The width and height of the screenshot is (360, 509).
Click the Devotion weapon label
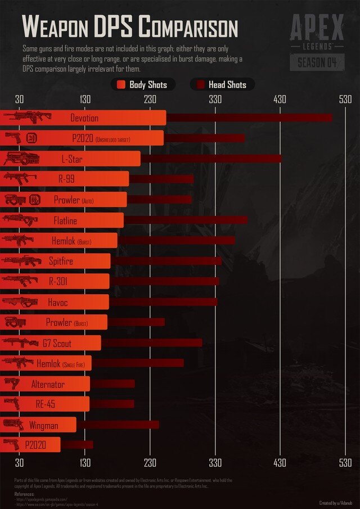point(84,118)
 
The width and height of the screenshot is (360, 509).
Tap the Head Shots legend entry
point(222,85)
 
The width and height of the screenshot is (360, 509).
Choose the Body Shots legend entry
point(143,85)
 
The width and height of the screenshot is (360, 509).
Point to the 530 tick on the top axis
point(345,100)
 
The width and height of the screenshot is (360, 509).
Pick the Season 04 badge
point(317,62)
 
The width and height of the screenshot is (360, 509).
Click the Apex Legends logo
point(317,31)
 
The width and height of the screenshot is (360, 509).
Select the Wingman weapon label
point(43,426)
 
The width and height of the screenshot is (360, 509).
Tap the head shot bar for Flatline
point(186,220)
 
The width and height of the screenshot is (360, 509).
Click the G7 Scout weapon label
point(57,344)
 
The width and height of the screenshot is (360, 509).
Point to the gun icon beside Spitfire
point(21,261)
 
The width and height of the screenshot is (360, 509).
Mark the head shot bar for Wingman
point(118,425)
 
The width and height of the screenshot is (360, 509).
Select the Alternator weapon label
point(48,385)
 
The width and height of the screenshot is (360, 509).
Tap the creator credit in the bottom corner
point(336,503)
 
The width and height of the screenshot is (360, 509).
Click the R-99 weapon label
point(66,179)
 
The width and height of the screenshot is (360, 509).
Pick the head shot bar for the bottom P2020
point(77,445)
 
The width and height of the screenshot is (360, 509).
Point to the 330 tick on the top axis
point(215,100)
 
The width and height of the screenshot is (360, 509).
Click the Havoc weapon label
point(57,303)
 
